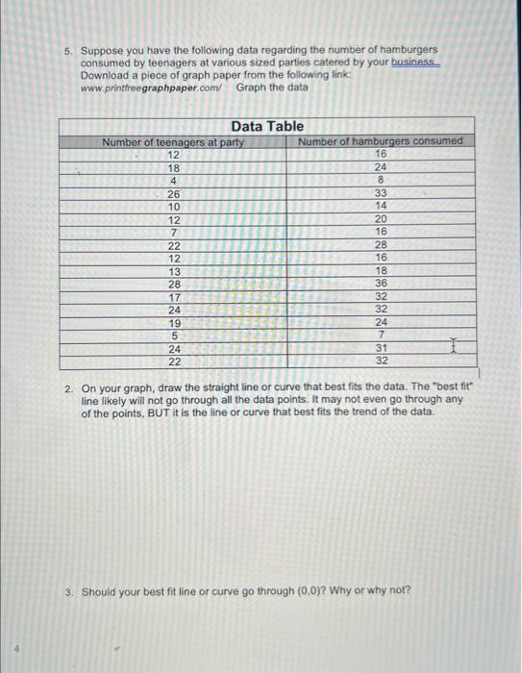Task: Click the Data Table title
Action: (267, 126)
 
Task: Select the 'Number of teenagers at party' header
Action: (173, 141)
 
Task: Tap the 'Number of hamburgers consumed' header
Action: (381, 141)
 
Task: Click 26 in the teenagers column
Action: (173, 193)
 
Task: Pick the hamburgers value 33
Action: (381, 193)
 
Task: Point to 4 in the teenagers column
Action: (173, 180)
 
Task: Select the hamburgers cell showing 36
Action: (381, 284)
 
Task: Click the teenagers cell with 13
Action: (173, 271)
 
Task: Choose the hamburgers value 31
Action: (381, 348)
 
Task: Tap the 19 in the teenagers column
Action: (173, 323)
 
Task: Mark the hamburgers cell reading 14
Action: (381, 206)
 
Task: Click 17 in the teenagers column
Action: (173, 297)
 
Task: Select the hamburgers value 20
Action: (381, 219)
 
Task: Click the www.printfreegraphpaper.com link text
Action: (151, 87)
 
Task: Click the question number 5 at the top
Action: (68, 49)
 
